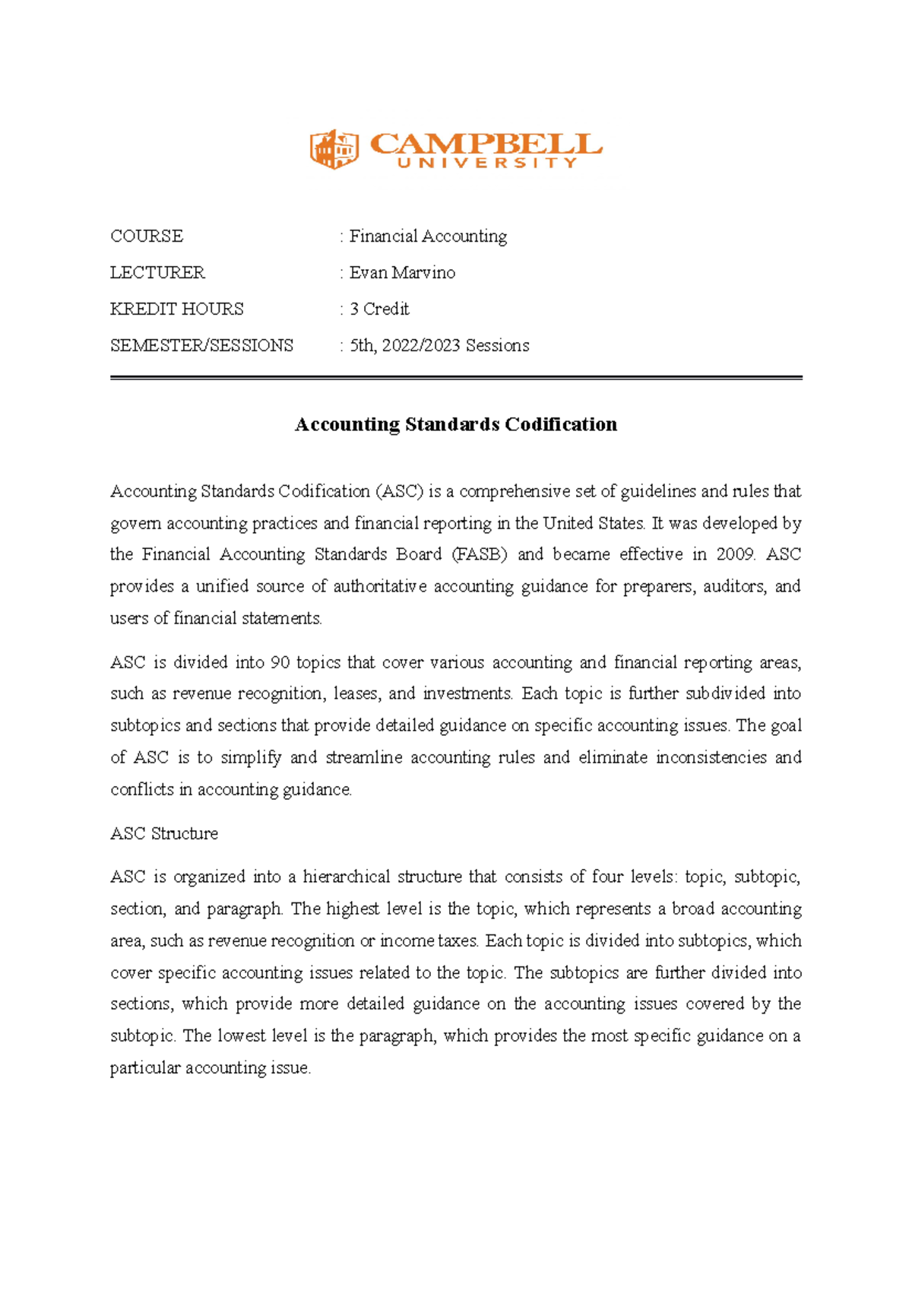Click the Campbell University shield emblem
click(334, 149)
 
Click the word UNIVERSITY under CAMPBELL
click(487, 163)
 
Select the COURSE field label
click(147, 236)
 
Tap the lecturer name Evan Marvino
click(402, 273)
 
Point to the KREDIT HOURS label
click(177, 309)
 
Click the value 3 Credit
click(379, 309)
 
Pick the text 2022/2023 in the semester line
click(421, 346)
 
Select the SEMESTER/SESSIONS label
click(201, 346)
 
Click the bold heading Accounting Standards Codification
click(456, 424)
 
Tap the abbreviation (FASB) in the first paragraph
click(479, 554)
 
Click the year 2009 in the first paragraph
click(735, 554)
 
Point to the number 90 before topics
click(280, 662)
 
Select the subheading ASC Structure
click(164, 833)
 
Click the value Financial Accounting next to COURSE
click(428, 236)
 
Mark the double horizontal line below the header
click(456, 377)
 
